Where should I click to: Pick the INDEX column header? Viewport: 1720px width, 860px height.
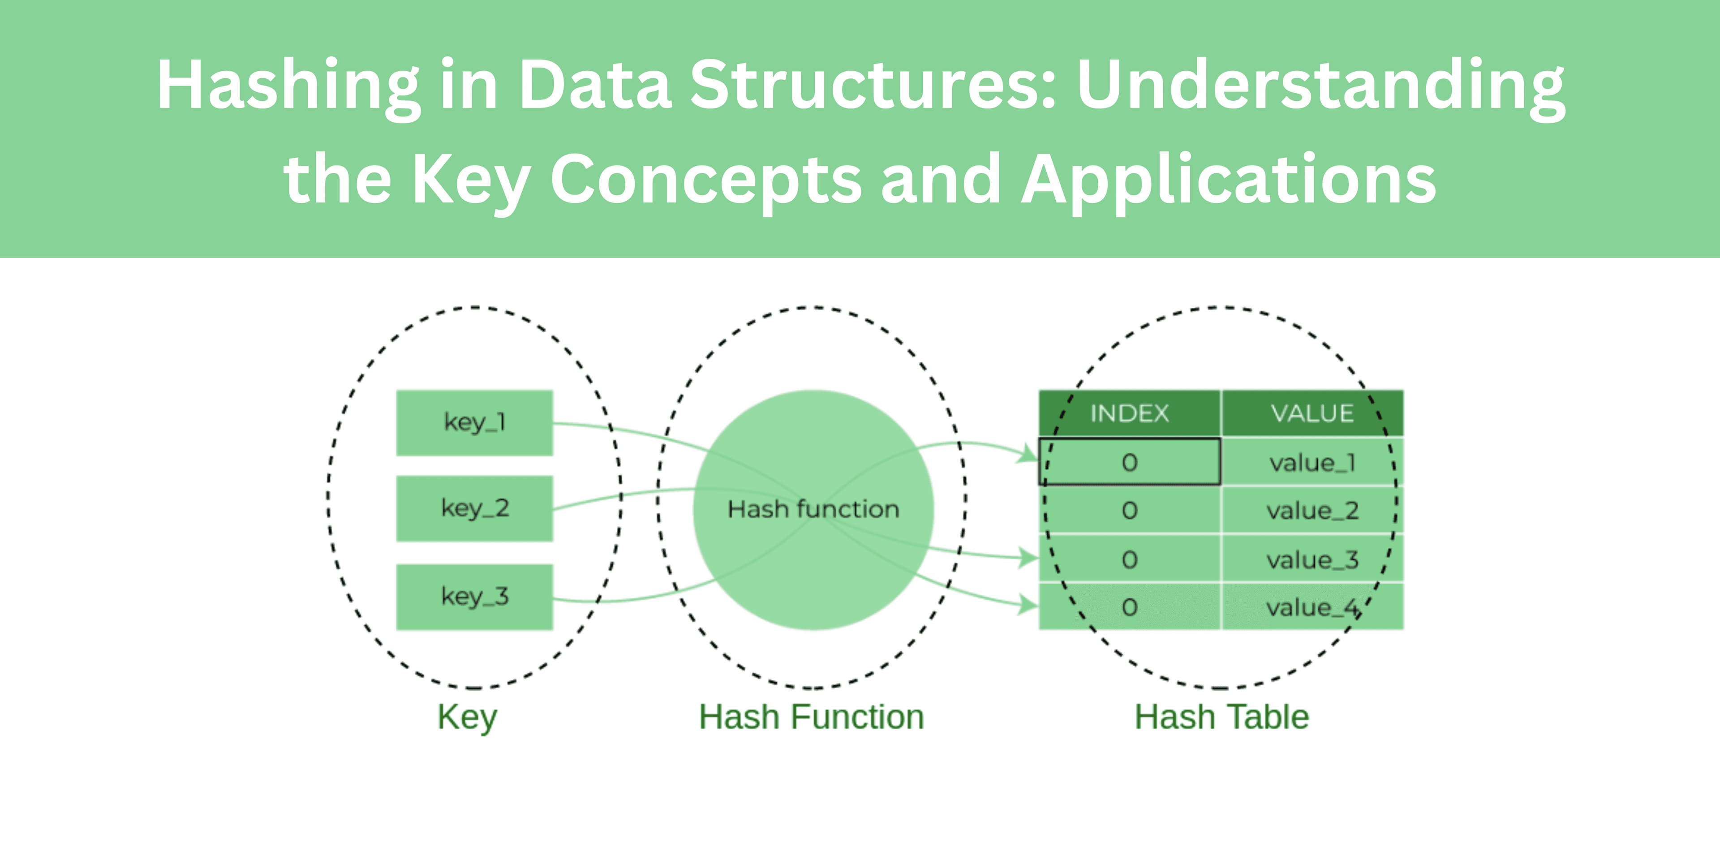[x=1129, y=413]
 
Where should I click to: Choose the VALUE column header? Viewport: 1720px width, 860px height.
[x=1312, y=413]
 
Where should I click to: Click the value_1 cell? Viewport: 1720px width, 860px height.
[x=1312, y=462]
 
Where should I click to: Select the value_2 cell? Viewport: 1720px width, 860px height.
[x=1312, y=511]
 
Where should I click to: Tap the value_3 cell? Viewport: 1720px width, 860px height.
[x=1312, y=559]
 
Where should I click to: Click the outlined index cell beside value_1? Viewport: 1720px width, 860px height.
[x=1129, y=462]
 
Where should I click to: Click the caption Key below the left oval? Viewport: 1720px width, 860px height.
[x=467, y=718]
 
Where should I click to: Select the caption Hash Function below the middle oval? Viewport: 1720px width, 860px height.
[x=811, y=718]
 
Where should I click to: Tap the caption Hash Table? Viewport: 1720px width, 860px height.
[x=1221, y=718]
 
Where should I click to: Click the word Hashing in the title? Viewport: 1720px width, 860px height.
[x=287, y=86]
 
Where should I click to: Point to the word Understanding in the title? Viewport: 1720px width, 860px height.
[x=1320, y=86]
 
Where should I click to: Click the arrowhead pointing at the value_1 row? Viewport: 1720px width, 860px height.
[x=1028, y=455]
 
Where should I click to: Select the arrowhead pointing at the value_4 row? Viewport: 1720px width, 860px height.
[x=1028, y=605]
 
